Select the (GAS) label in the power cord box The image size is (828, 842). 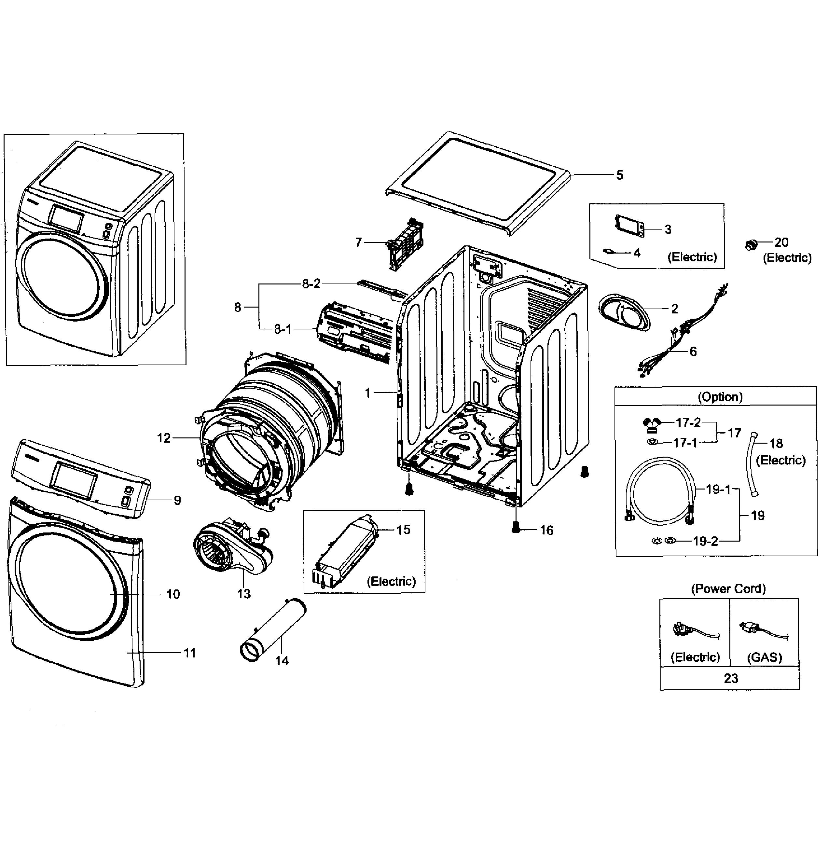pyautogui.click(x=764, y=657)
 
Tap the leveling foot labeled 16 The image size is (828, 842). pyautogui.click(x=516, y=528)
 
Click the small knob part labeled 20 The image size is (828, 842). pyautogui.click(x=751, y=244)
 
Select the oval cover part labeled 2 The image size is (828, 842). pyautogui.click(x=624, y=312)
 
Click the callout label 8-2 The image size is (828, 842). pyautogui.click(x=311, y=283)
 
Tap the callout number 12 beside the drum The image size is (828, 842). pyautogui.click(x=163, y=438)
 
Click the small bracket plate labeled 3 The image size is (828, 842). pyautogui.click(x=629, y=227)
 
